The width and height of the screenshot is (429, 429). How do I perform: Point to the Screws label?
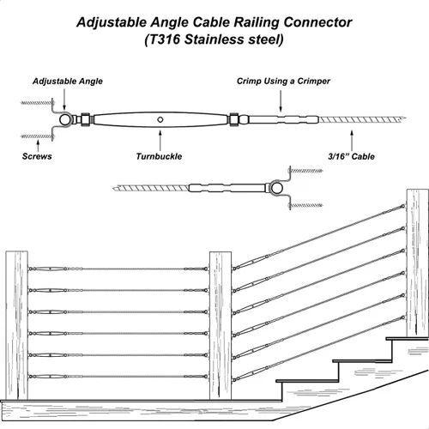click(x=34, y=158)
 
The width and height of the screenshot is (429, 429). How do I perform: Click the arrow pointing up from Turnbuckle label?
click(x=160, y=137)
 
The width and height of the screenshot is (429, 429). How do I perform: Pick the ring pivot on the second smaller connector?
click(x=279, y=187)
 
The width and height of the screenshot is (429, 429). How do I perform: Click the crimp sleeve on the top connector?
click(x=279, y=119)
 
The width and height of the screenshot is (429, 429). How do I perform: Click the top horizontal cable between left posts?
click(x=120, y=269)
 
